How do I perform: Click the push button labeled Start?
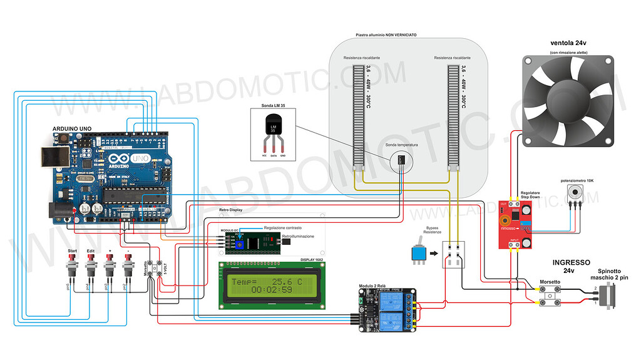pyautogui.click(x=72, y=268)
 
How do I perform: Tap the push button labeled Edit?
pyautogui.click(x=91, y=268)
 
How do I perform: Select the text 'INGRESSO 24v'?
pyautogui.click(x=572, y=266)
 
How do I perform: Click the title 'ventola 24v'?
pyautogui.click(x=568, y=43)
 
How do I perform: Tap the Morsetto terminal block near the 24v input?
pyautogui.click(x=550, y=293)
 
